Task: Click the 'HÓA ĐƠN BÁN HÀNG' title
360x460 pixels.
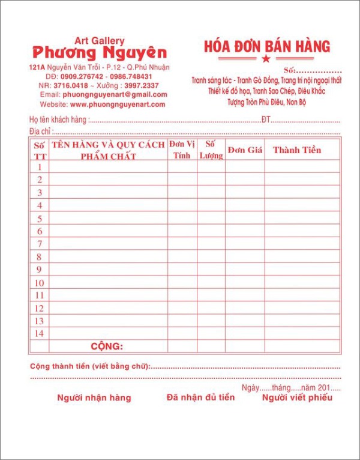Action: tap(267, 46)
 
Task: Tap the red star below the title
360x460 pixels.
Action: tap(266, 59)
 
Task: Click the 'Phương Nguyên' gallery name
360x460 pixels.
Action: tap(100, 52)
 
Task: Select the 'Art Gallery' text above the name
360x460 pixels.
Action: tap(100, 40)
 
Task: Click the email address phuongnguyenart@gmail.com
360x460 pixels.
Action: tap(115, 95)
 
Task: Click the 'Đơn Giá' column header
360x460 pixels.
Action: tap(245, 150)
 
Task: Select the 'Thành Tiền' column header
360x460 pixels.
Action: tap(297, 150)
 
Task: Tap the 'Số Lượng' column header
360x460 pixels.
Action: tap(211, 150)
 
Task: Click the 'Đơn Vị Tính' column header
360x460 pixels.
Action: tap(182, 150)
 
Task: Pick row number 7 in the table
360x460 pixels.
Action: tap(39, 244)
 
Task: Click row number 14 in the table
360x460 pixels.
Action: tap(39, 333)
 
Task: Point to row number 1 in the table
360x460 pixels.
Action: tap(39, 167)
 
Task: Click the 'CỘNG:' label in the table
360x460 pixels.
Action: tap(107, 347)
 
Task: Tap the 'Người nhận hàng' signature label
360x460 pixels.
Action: tap(94, 398)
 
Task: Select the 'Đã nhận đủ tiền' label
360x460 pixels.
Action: tap(200, 397)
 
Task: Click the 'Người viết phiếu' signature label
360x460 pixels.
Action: tap(296, 397)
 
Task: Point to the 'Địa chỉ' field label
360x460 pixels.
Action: tap(41, 131)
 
